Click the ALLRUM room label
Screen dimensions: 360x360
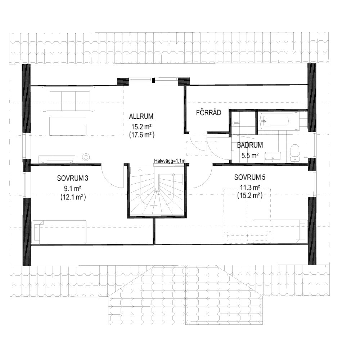click(141, 116)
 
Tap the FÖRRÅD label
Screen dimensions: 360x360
click(208, 112)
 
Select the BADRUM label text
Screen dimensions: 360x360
click(250, 145)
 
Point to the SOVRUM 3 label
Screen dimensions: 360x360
click(73, 178)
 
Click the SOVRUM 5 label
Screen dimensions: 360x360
click(249, 177)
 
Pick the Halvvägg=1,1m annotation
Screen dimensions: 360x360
click(170, 161)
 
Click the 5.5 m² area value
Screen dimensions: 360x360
click(250, 156)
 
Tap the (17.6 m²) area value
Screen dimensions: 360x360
click(141, 135)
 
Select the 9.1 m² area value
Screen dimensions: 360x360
click(73, 189)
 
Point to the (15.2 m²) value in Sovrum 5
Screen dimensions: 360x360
click(249, 195)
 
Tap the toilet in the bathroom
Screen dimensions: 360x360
click(294, 152)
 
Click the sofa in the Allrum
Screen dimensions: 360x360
click(68, 99)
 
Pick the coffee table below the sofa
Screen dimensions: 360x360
click(68, 126)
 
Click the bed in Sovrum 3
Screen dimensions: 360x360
click(59, 232)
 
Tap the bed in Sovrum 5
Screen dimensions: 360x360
click(280, 231)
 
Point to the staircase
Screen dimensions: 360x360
click(157, 191)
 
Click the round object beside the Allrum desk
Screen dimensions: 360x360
click(86, 157)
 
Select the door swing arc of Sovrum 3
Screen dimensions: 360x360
click(110, 180)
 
